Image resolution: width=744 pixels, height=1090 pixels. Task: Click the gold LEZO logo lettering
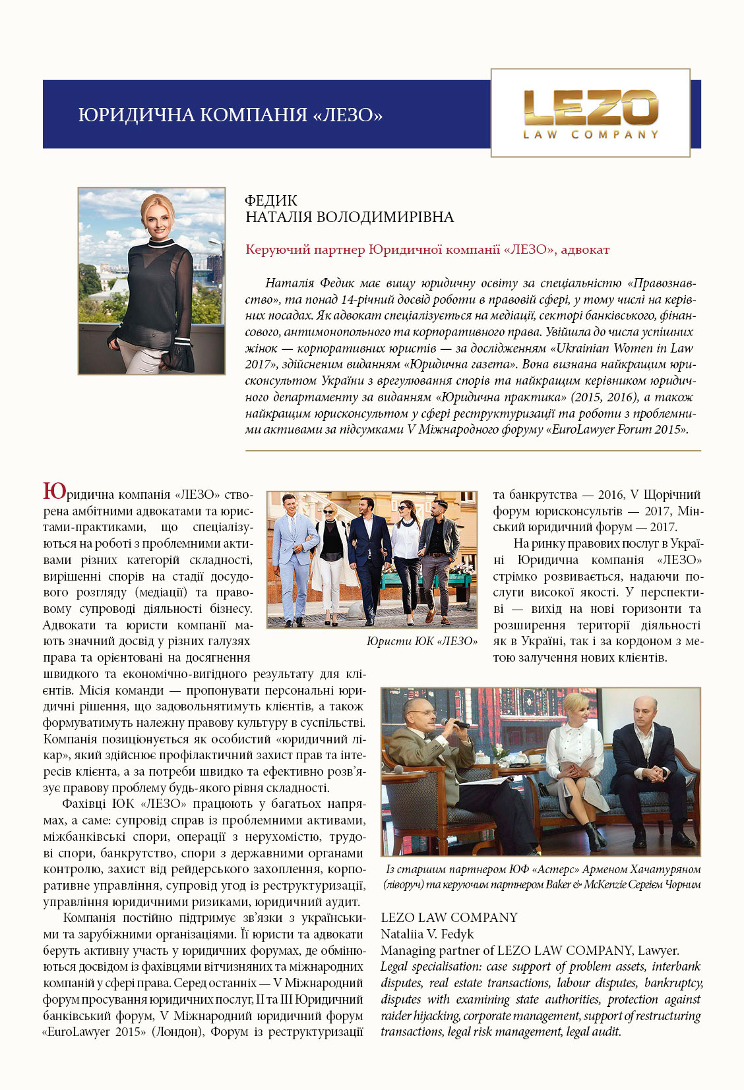point(590,107)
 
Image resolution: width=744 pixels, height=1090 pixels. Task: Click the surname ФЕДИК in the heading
point(270,200)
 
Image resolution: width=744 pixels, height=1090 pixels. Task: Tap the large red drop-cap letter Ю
point(54,492)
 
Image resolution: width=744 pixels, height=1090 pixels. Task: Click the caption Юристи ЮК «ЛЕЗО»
point(421,641)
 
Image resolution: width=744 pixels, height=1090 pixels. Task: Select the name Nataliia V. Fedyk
point(427,934)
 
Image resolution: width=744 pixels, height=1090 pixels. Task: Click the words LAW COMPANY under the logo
point(590,135)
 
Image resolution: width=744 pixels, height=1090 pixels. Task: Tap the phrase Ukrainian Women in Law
point(624,348)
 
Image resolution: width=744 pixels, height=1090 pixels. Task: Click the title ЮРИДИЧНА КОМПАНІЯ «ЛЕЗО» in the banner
point(230,115)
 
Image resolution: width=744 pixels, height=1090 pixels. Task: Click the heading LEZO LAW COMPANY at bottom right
point(449,917)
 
